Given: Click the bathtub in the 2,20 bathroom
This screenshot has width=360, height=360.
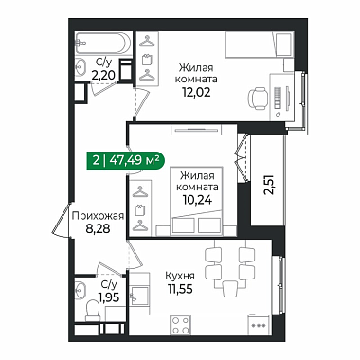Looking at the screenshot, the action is [103, 44].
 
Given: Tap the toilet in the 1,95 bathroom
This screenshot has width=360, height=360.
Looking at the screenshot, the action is [93, 311].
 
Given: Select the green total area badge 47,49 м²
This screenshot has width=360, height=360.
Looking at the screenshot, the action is [125, 161].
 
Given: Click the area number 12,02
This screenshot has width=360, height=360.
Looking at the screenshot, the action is [196, 92].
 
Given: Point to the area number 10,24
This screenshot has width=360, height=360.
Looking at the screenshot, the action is [197, 199].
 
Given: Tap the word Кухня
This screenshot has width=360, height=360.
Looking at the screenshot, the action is [180, 276].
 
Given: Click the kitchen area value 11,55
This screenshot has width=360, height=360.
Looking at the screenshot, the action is [180, 288].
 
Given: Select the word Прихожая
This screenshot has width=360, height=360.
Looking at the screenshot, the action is [98, 216].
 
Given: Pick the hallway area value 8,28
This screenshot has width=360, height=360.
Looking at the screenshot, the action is [98, 228].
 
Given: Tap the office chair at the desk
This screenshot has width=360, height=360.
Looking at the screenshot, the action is [258, 99].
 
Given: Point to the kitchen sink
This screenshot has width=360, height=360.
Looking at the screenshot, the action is [139, 296].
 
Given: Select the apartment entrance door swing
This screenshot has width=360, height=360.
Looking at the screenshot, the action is [62, 220].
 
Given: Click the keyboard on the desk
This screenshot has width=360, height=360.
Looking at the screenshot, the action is [278, 99].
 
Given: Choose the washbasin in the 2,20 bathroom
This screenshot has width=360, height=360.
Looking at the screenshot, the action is [81, 67].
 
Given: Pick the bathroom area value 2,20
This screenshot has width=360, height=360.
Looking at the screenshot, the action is [103, 76].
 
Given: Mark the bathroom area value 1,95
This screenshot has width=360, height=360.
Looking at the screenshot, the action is [109, 297].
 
